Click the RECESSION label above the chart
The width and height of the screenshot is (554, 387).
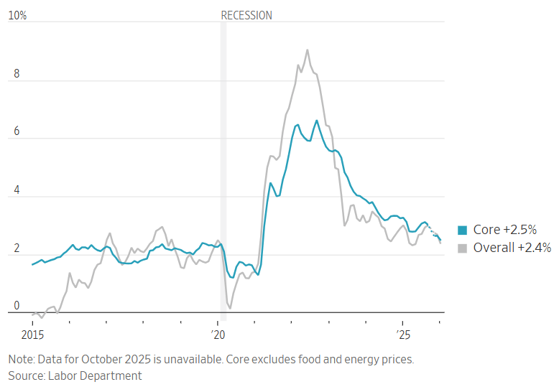pyautogui.click(x=246, y=15)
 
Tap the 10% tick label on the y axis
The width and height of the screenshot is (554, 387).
pyautogui.click(x=17, y=15)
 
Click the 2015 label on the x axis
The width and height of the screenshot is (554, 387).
pyautogui.click(x=32, y=335)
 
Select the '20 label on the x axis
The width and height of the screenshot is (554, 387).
pyautogui.click(x=218, y=335)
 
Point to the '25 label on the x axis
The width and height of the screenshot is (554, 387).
pyautogui.click(x=403, y=335)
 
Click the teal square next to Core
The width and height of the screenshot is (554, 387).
pyautogui.click(x=462, y=230)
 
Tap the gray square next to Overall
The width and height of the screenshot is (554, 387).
pyautogui.click(x=462, y=248)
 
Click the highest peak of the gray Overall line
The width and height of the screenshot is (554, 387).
pyautogui.click(x=308, y=50)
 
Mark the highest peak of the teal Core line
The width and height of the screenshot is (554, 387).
pyautogui.click(x=316, y=121)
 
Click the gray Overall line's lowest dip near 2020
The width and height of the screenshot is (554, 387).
pyautogui.click(x=230, y=308)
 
